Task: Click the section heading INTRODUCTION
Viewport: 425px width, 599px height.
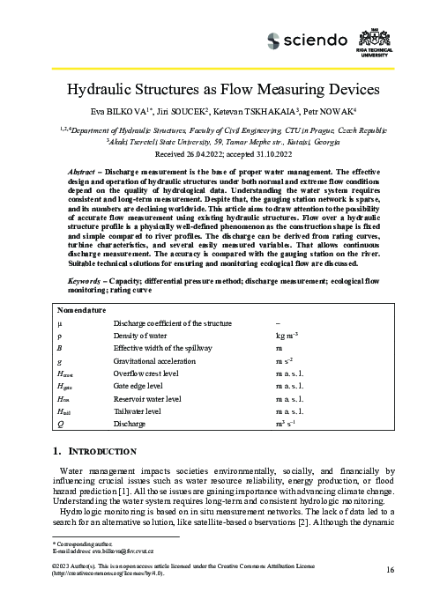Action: [98, 451]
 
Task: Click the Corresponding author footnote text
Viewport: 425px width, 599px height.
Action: [73, 544]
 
